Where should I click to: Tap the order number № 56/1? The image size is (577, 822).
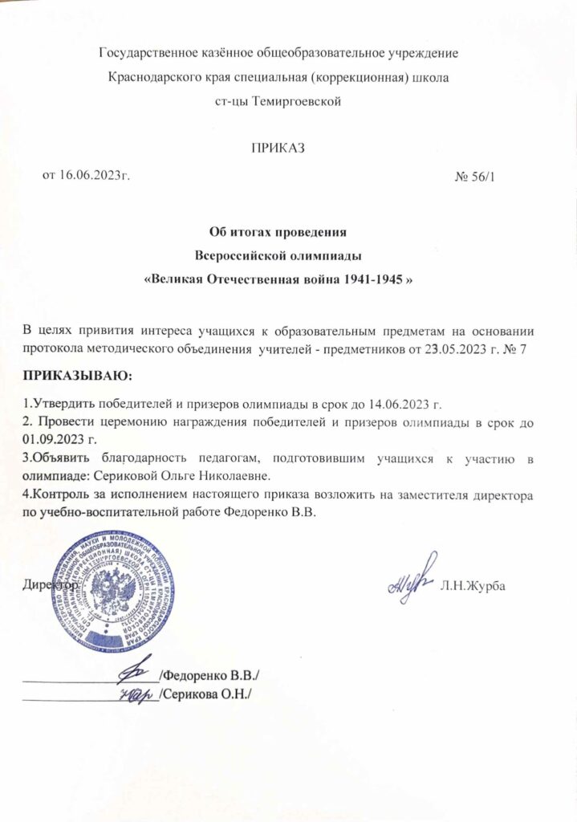pyautogui.click(x=477, y=176)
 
